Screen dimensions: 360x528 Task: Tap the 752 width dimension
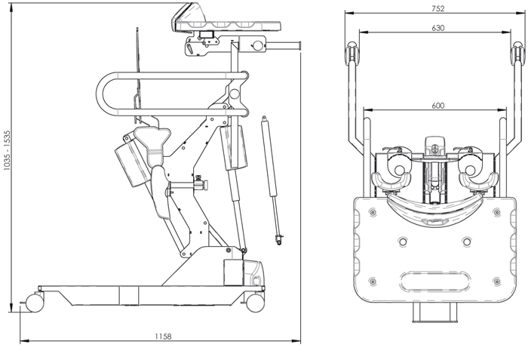coord(438,8)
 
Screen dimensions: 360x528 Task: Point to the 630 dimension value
coord(438,28)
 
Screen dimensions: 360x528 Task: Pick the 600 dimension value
coord(437,106)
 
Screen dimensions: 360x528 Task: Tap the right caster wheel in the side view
coord(254,302)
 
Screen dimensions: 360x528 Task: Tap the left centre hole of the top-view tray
coord(401,242)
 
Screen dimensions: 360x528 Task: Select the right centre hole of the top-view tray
coord(467,242)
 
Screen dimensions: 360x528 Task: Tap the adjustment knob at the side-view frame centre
coord(200,183)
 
